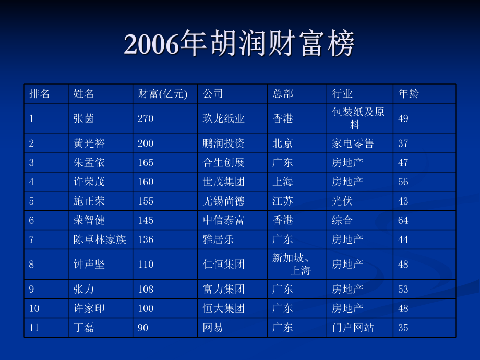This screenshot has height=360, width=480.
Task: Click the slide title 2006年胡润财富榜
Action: tap(239, 44)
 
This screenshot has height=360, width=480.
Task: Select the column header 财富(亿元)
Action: tap(162, 94)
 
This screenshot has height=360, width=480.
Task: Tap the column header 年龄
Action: tap(409, 94)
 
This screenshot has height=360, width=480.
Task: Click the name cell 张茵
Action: tap(84, 118)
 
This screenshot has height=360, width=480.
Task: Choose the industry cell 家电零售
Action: tap(353, 143)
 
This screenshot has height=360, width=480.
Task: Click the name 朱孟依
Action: tap(89, 163)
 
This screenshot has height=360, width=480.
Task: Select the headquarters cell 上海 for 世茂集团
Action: tap(283, 182)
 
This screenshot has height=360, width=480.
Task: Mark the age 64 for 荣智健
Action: tap(403, 221)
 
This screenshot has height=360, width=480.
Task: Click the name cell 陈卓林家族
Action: tap(100, 240)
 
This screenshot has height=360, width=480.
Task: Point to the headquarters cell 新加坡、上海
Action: tap(292, 264)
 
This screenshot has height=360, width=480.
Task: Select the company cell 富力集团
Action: tap(224, 289)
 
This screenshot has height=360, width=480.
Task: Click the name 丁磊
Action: tap(84, 328)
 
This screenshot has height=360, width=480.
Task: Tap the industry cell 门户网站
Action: tap(353, 328)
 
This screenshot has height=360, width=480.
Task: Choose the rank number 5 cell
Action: tap(32, 201)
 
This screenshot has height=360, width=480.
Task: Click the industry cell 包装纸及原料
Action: tap(358, 118)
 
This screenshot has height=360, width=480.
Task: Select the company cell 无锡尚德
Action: tap(224, 201)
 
